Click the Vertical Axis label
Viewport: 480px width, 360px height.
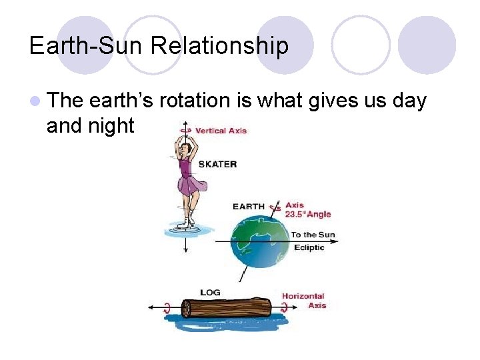pos(221,131)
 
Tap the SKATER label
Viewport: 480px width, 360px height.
pos(217,164)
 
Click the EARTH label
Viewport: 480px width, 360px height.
pos(248,207)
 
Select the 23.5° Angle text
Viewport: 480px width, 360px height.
pos(308,215)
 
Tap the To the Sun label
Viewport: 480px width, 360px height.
pos(313,235)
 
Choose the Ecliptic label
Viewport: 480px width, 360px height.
pos(309,247)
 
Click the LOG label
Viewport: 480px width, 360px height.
pos(211,292)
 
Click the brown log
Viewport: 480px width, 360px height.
pos(227,308)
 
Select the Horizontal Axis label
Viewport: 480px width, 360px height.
pos(304,301)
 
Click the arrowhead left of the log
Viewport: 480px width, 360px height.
pos(151,308)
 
